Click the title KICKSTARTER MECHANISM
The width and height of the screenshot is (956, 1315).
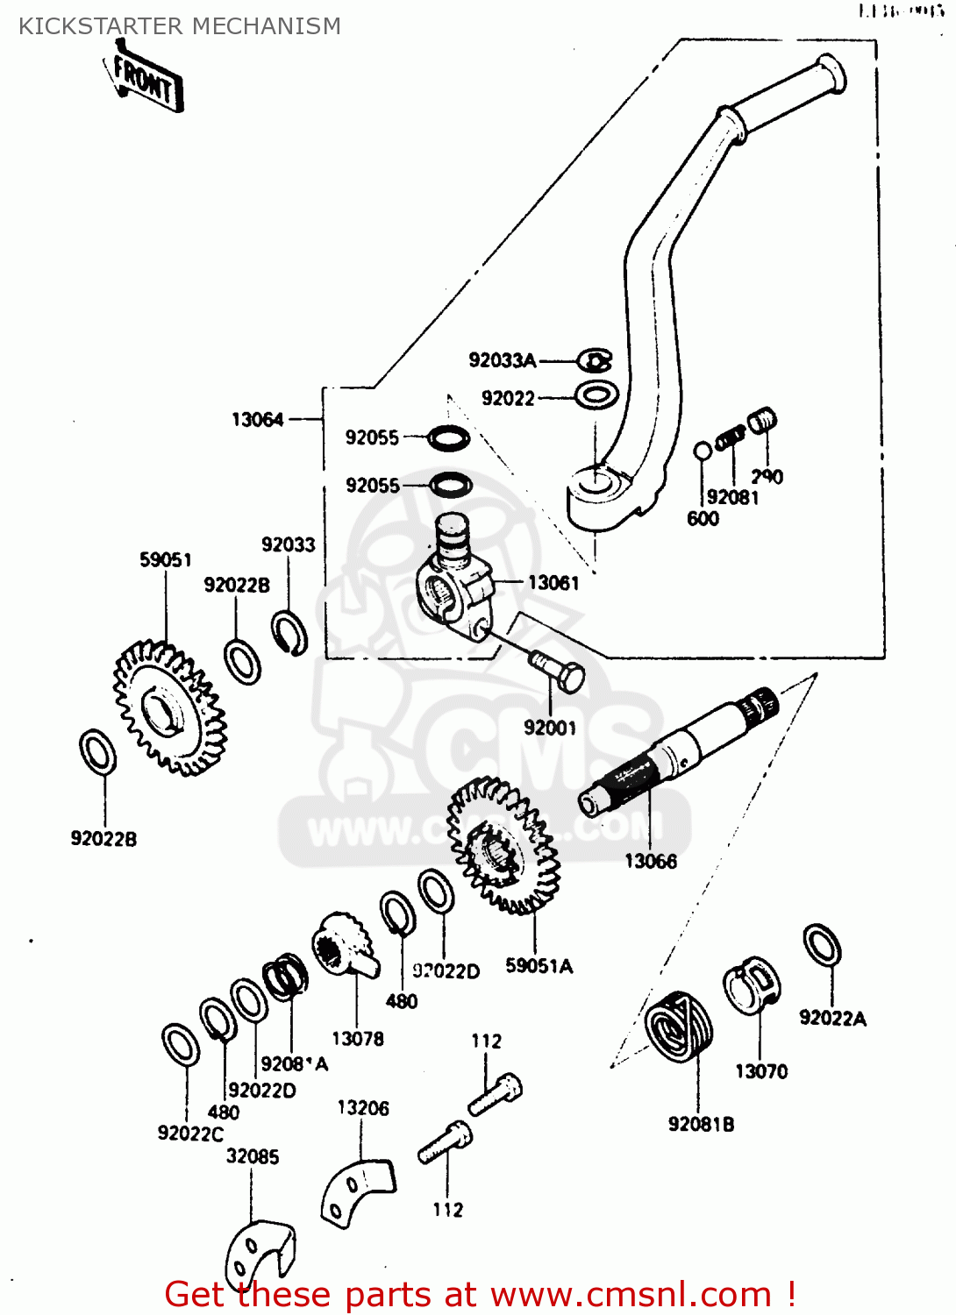pos(180,26)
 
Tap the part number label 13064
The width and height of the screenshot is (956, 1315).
pos(257,420)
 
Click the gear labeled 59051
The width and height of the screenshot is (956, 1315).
pos(169,708)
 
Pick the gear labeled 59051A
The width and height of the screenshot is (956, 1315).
pos(503,846)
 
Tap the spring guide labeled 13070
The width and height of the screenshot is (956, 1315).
pos(752,985)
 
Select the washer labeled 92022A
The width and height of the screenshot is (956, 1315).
pos(822,946)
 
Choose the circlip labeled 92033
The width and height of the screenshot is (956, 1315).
pos(289,633)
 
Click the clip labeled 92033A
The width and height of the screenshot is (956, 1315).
pos(595,360)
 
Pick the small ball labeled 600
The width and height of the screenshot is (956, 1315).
pos(703,451)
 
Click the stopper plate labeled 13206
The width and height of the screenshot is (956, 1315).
pos(357,1187)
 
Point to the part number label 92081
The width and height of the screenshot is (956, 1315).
pos(732,497)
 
